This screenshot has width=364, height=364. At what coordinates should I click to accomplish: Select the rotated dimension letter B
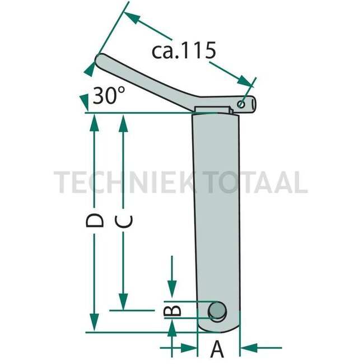[174, 310]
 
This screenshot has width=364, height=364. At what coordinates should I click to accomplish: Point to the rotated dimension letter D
[96, 220]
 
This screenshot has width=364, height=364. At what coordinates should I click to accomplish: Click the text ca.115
[184, 51]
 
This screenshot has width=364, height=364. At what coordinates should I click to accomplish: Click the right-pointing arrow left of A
[190, 348]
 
